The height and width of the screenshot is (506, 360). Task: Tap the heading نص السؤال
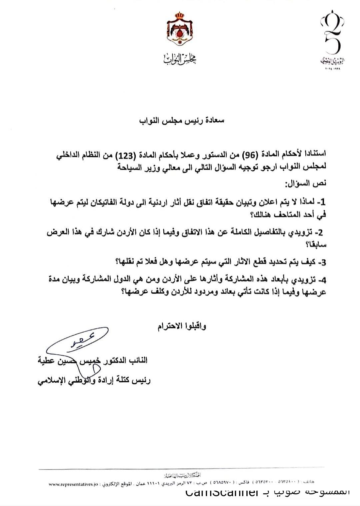[x=306, y=183]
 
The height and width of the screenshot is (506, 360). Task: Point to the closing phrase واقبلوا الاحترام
[x=182, y=326]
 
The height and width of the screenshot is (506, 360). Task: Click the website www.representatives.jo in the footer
[x=73, y=485]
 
